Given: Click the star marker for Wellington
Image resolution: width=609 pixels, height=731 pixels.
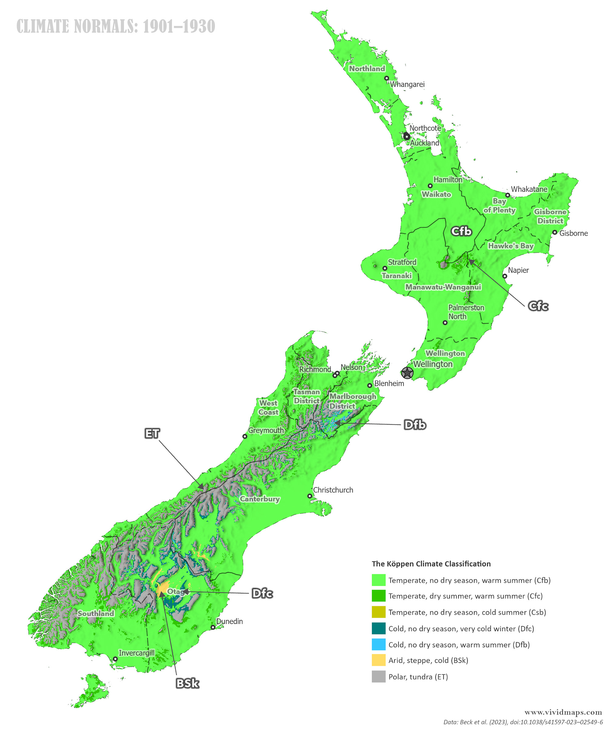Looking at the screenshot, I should (407, 373).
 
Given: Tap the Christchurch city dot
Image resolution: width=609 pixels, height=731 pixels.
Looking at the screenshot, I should (309, 496).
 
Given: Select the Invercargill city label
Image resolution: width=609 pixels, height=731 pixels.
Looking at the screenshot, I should (136, 653).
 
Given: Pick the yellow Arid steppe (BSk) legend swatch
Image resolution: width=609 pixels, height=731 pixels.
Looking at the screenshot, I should (378, 660).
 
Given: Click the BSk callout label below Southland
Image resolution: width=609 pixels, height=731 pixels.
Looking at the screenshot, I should (187, 683).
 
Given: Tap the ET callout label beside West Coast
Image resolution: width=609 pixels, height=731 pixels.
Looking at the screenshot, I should (152, 433).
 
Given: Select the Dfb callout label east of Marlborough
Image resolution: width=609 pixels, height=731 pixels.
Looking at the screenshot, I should (415, 425).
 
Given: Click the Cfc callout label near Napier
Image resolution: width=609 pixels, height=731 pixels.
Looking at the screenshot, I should (538, 306).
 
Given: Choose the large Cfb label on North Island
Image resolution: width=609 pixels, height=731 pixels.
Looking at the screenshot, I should (461, 231).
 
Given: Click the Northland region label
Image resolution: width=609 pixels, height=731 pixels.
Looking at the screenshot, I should (367, 69).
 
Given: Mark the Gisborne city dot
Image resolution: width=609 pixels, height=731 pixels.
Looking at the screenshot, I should (555, 232).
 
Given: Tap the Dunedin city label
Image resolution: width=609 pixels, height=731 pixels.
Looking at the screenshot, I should (229, 621).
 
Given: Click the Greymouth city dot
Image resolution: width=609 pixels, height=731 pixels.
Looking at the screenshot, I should (245, 436).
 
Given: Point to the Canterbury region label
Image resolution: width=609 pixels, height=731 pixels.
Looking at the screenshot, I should (260, 499).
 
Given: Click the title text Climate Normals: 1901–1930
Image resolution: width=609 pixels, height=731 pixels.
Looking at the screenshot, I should (116, 26).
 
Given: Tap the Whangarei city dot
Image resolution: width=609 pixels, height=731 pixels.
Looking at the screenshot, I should (386, 78).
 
